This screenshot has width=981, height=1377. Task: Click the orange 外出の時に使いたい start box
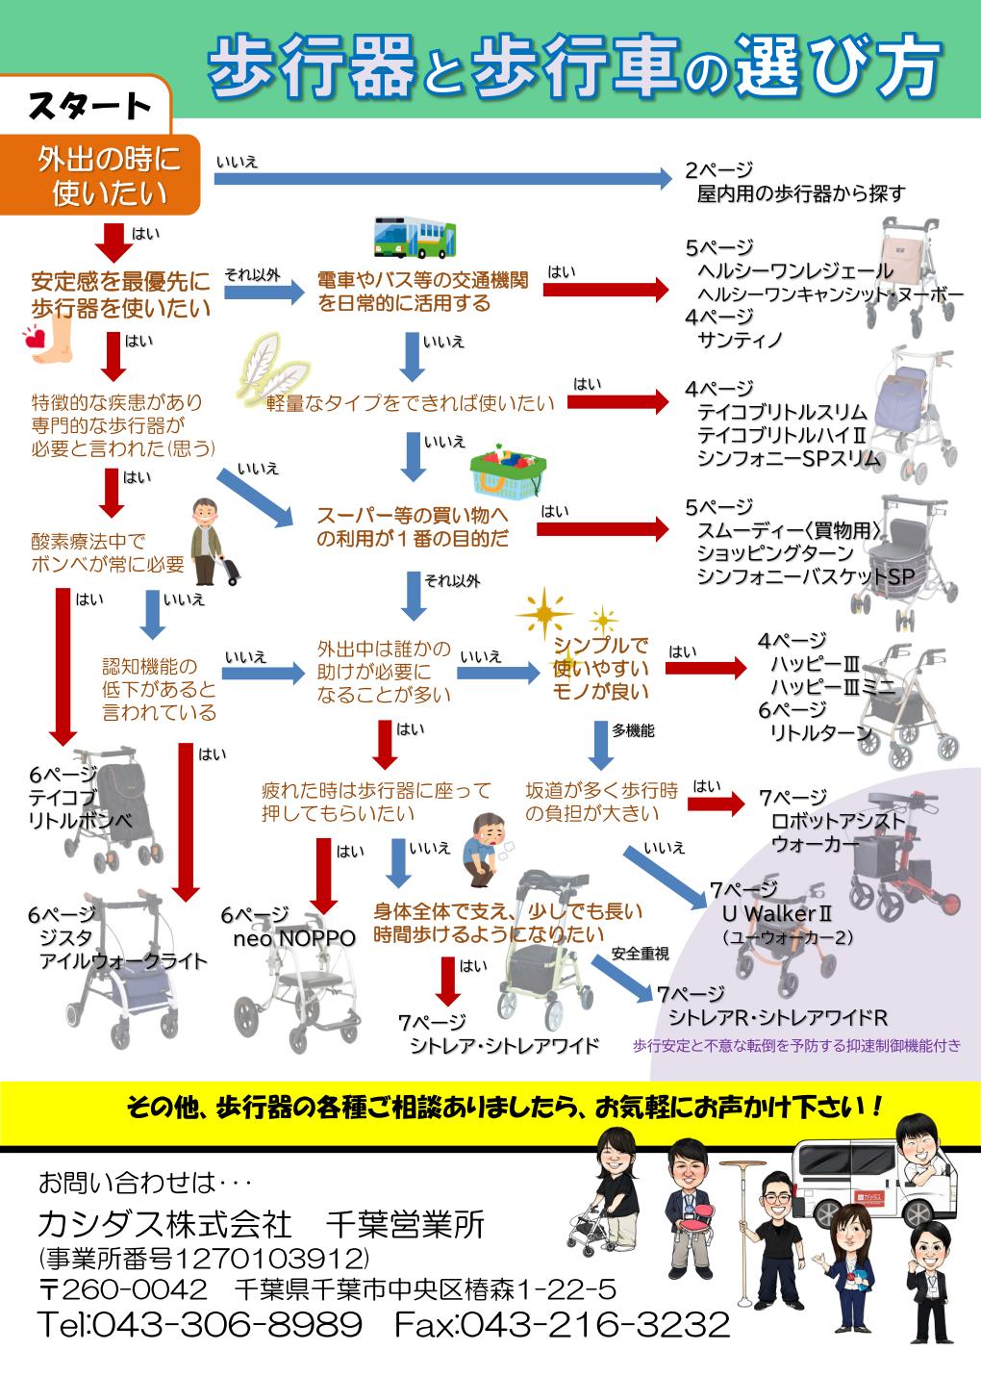click(108, 175)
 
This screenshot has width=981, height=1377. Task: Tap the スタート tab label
click(89, 106)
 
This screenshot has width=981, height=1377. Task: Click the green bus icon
click(415, 237)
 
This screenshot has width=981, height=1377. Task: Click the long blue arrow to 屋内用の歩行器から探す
click(442, 177)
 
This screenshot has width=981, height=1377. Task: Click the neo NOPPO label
click(293, 937)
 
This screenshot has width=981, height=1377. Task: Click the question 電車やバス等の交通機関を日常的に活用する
click(423, 292)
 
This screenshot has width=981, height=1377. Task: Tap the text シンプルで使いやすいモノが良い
click(601, 668)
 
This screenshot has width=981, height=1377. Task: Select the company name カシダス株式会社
click(164, 1224)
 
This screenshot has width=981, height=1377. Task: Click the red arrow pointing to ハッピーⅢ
click(705, 666)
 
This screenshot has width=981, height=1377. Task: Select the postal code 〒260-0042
click(123, 1288)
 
